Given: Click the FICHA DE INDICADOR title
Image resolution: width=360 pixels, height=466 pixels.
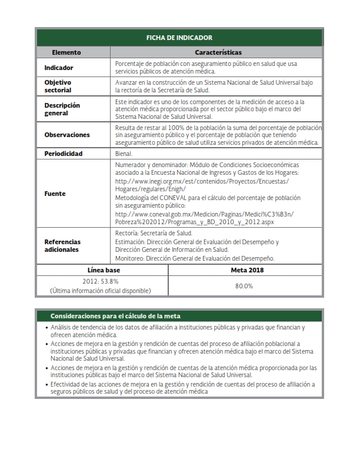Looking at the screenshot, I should click(x=179, y=38).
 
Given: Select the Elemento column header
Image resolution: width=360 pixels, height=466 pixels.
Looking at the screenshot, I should click(x=66, y=52).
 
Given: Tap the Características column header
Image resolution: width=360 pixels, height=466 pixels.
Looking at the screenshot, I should click(x=218, y=52).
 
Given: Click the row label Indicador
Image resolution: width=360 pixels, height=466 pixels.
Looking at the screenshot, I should click(x=59, y=68).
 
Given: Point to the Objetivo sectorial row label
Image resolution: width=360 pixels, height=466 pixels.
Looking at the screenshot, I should click(x=58, y=86).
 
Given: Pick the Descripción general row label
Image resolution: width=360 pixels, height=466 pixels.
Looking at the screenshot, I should click(x=62, y=109).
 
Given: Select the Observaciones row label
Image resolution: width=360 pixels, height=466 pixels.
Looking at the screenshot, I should click(x=67, y=135).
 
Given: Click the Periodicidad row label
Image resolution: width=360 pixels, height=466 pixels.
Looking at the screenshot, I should click(x=64, y=154).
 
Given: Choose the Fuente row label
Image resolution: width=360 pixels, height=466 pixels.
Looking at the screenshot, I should click(x=55, y=194).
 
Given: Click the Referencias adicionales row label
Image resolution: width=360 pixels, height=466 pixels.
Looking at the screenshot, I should click(x=62, y=245).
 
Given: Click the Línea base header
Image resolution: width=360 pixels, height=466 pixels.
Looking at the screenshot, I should click(x=103, y=270).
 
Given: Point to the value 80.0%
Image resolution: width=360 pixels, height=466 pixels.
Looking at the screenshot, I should click(x=244, y=286).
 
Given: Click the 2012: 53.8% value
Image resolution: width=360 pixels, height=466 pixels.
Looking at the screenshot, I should click(x=100, y=281).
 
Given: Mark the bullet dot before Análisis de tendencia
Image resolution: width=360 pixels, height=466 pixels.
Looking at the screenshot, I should click(x=46, y=327).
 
